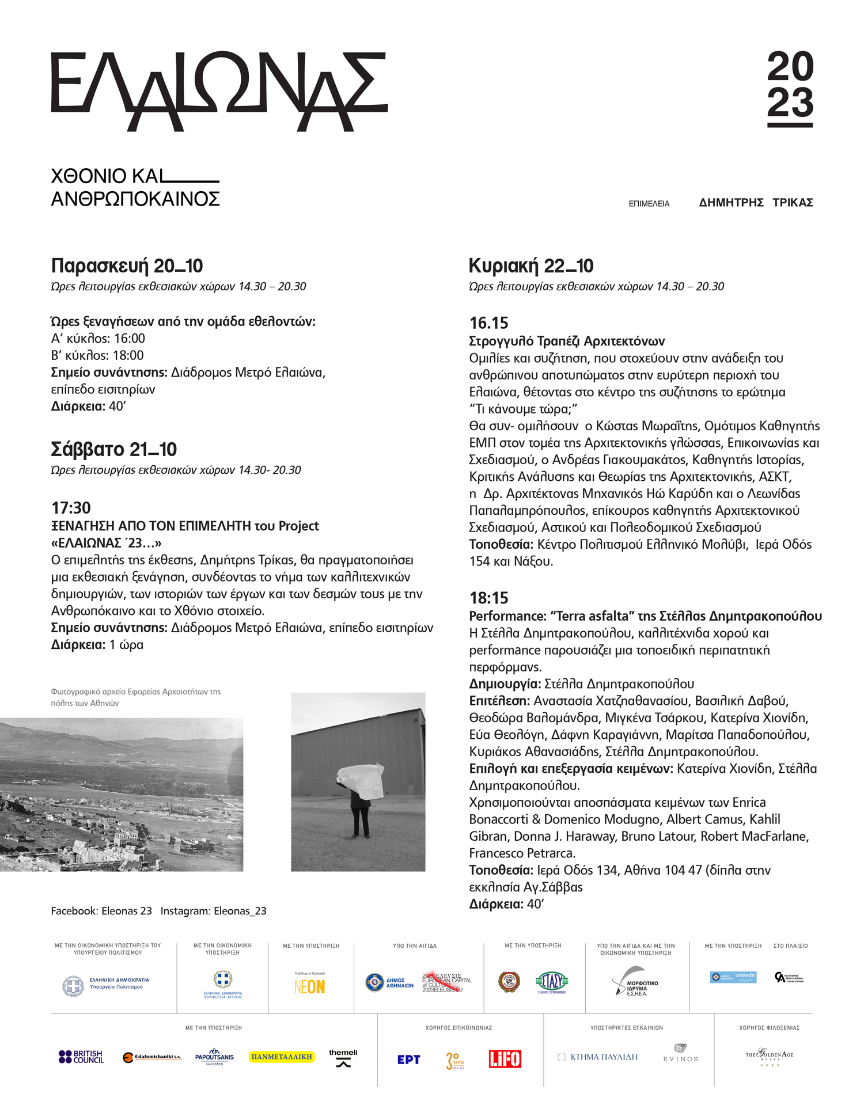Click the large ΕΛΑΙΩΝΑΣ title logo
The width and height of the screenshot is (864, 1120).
tap(219, 91)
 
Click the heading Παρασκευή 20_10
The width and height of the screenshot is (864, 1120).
tap(127, 266)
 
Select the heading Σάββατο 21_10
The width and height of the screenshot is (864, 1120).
tap(114, 449)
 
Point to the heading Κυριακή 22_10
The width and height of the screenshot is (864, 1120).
tap(530, 266)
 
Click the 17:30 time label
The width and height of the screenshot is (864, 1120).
tap(71, 508)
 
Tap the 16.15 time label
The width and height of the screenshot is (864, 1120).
tap(488, 323)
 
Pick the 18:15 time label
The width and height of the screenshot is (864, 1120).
tap(488, 598)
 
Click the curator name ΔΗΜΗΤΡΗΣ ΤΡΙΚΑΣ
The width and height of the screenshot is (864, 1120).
tap(756, 203)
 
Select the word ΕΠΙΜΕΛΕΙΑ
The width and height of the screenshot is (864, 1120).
tap(649, 204)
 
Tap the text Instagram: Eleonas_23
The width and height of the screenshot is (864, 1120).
tap(213, 911)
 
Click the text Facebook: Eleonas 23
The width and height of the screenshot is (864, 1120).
tap(101, 911)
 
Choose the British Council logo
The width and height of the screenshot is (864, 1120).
tap(81, 1057)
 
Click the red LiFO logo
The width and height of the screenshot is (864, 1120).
tap(505, 1058)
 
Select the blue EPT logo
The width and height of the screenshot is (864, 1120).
tap(408, 1060)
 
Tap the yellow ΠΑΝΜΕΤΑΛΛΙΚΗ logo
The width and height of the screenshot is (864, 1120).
tap(282, 1057)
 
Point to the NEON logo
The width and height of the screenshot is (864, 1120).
tap(310, 986)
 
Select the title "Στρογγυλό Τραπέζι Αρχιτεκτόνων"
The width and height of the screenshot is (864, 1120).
tap(567, 341)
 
